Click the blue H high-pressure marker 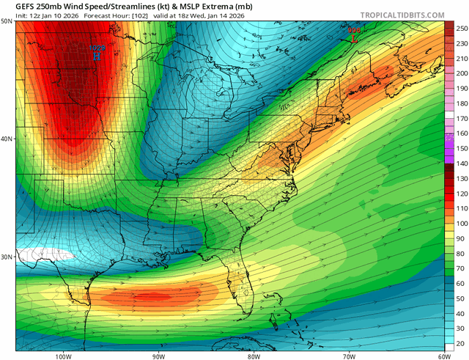pos(97,56)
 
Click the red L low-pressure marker pos(355,39)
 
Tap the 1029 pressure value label pos(97,48)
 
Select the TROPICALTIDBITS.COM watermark pos(403,15)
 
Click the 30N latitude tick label pos(7,257)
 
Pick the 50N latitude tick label pos(7,22)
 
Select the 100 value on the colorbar pos(461,224)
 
